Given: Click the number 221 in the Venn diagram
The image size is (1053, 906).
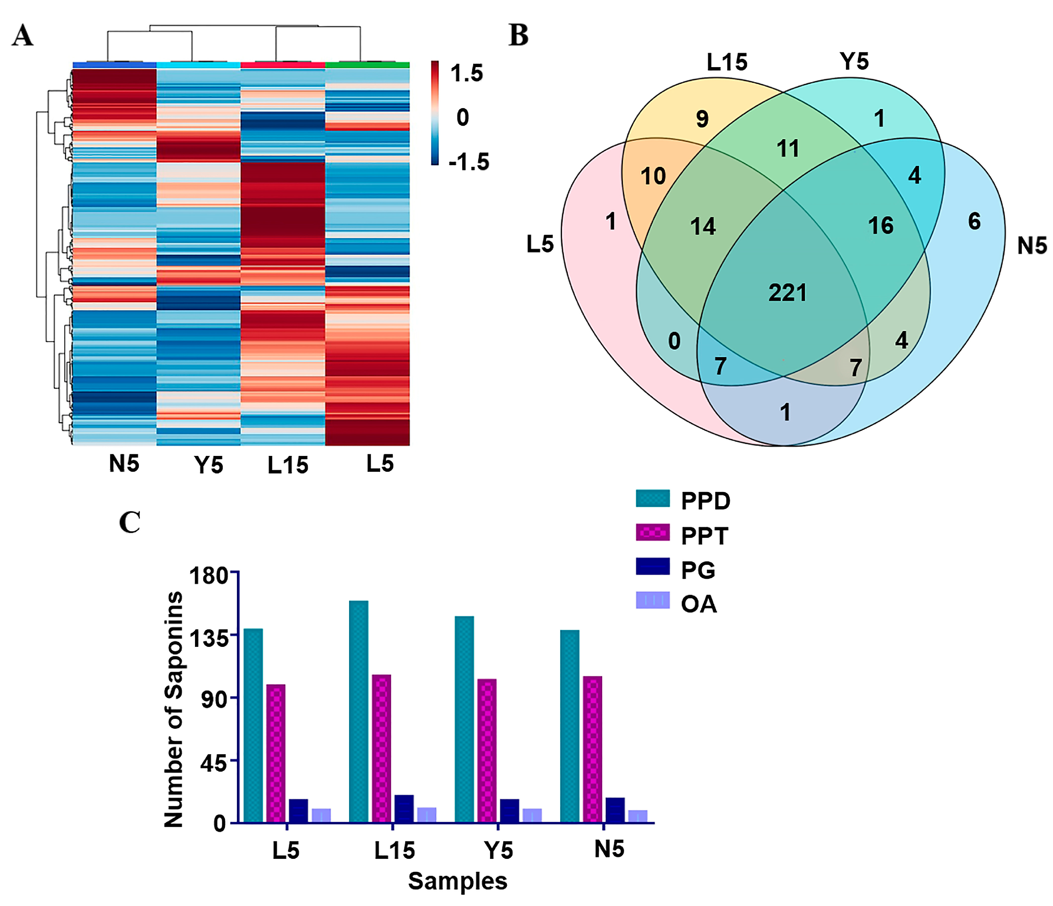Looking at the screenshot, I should (787, 293).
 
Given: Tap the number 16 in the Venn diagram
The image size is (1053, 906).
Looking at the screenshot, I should (881, 226).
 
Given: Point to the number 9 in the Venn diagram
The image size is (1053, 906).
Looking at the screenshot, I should (702, 119).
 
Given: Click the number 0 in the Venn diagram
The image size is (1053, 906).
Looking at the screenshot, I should (674, 341).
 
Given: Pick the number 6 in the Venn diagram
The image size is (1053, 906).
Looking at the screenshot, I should (974, 221).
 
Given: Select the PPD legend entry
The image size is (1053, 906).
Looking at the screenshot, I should (705, 501).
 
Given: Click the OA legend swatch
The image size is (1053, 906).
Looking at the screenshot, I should (652, 600).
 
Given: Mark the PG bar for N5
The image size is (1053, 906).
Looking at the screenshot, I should (615, 810).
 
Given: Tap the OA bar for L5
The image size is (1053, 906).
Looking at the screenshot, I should (321, 816).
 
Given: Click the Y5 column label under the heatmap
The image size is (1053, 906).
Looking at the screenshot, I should (208, 465).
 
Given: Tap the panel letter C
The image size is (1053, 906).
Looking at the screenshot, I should (130, 522).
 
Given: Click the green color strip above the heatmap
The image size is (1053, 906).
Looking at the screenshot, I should (367, 65).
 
